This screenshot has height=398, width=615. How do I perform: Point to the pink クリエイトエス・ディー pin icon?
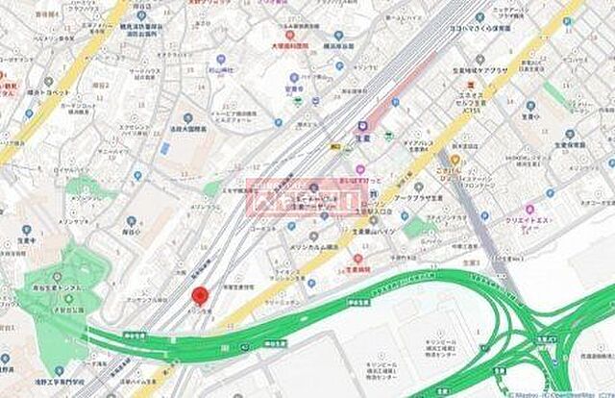coord(528,207)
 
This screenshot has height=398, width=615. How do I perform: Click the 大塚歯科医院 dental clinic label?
coord(287,45)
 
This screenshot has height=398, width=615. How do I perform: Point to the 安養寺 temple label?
coord(294,89)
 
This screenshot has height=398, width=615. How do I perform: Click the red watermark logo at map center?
coord(306,198)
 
